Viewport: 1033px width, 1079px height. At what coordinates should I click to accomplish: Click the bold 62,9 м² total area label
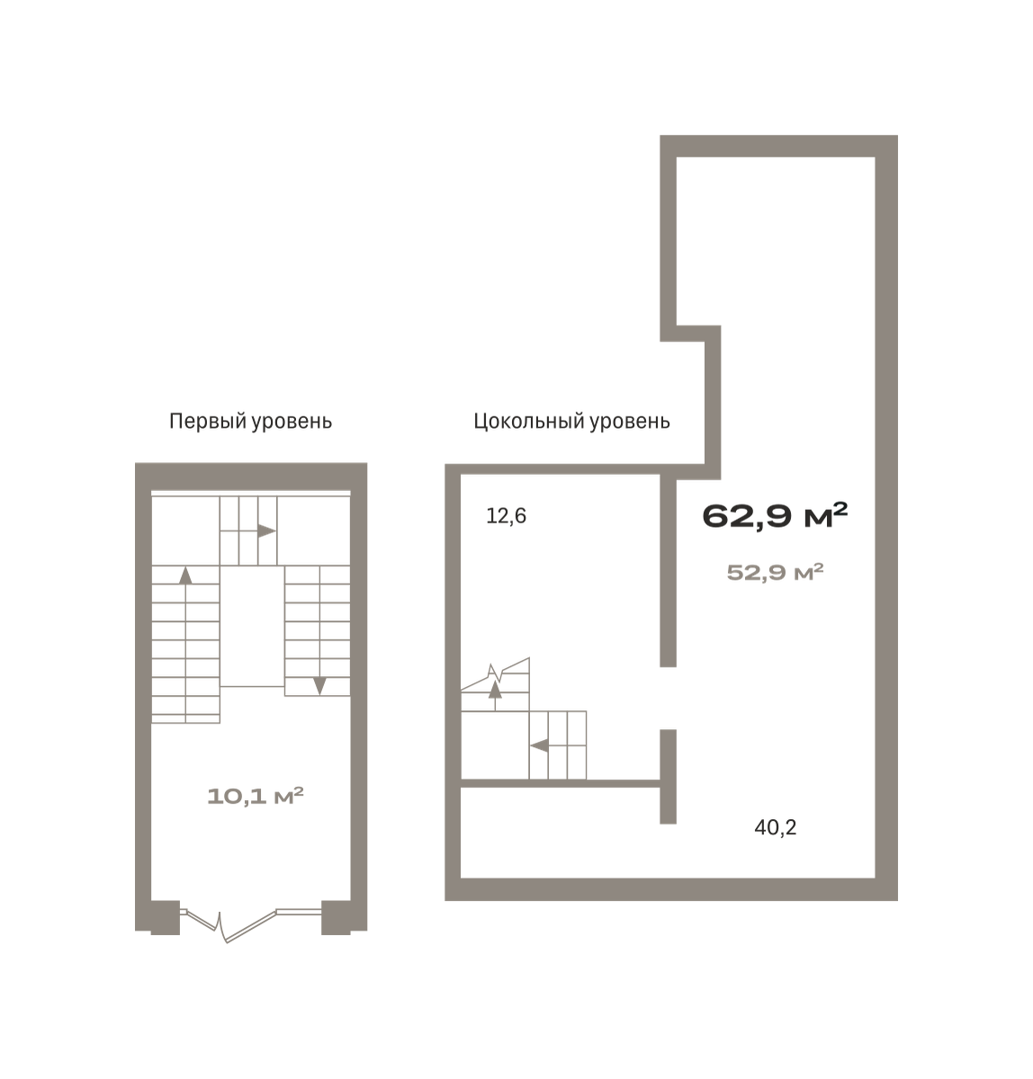[775, 515]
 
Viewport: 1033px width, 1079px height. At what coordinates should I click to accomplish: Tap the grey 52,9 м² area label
[775, 572]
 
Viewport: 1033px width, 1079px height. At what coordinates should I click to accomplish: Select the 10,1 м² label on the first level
[256, 797]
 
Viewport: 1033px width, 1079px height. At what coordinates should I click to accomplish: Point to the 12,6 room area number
[506, 516]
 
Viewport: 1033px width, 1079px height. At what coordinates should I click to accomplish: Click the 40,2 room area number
[775, 828]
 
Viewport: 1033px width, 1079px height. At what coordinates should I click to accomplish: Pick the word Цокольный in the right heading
[529, 422]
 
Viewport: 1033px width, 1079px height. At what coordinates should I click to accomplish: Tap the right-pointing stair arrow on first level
[266, 531]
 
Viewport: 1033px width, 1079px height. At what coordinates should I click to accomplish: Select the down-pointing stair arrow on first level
[319, 686]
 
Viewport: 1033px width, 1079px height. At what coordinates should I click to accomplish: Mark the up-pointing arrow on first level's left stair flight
[185, 575]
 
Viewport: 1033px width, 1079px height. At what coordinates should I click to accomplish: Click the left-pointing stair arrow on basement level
[539, 745]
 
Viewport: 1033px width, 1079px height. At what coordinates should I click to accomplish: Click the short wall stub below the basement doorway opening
[668, 776]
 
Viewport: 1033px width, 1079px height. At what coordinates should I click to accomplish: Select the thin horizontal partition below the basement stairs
[561, 783]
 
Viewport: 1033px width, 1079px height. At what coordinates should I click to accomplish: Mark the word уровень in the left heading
[292, 423]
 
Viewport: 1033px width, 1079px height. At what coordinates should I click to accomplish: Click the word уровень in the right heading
[630, 423]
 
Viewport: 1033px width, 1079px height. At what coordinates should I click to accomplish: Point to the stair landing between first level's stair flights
[253, 626]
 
